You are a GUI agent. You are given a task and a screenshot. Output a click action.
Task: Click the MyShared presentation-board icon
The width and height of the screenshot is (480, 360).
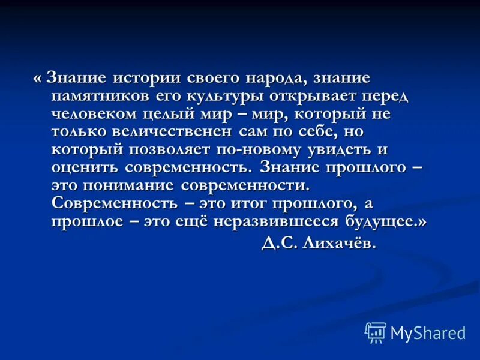point(376,332)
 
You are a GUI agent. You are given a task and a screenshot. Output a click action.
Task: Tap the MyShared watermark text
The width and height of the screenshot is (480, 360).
point(428,333)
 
